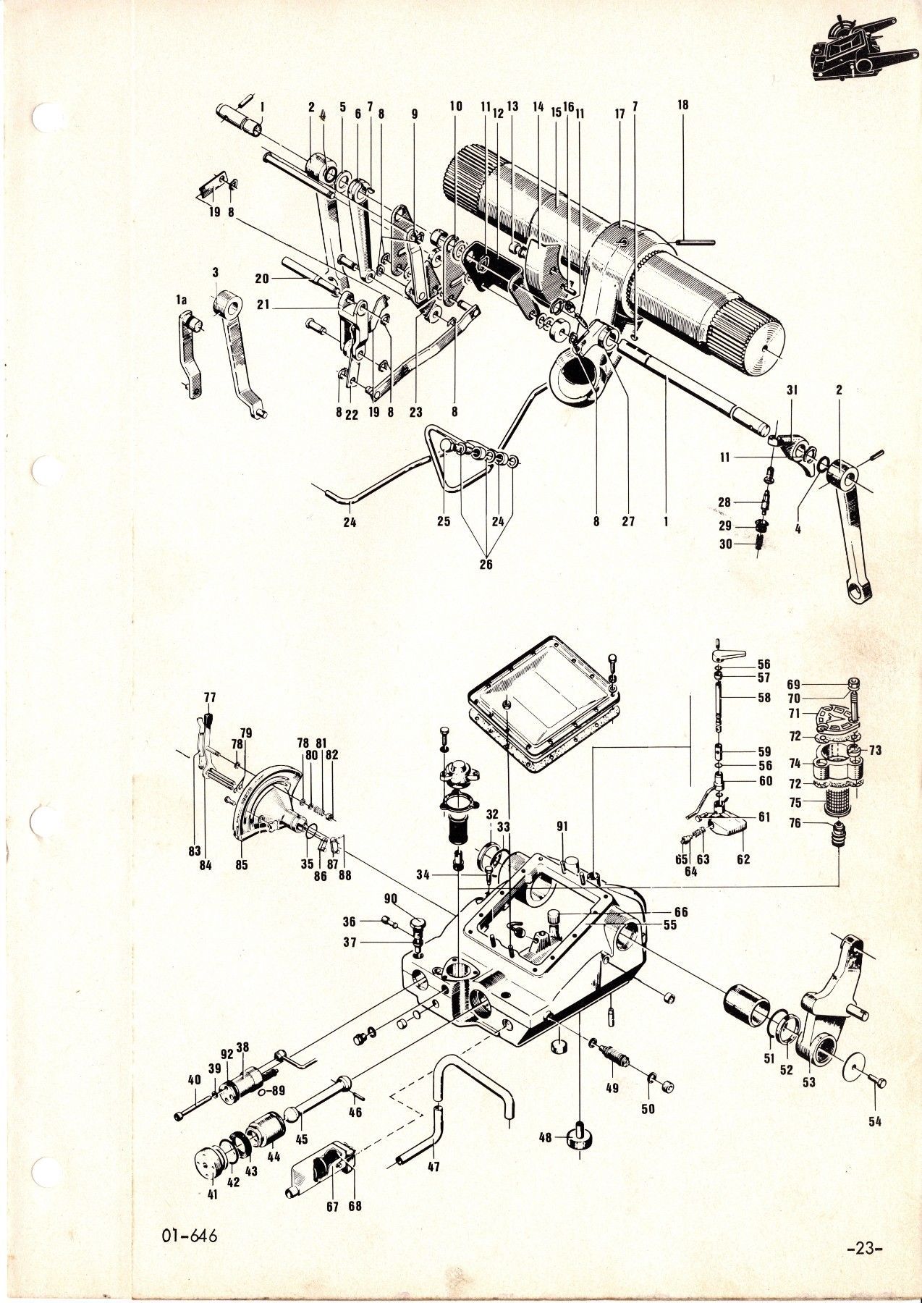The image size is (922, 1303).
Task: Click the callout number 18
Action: click(x=682, y=104)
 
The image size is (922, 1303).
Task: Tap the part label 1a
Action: click(x=182, y=299)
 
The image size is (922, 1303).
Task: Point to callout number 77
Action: click(x=210, y=698)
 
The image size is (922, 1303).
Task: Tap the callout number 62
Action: click(x=743, y=859)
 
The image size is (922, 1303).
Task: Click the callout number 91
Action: click(x=562, y=825)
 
